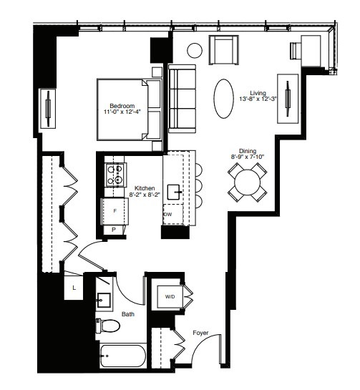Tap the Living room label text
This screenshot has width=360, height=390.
point(258,93)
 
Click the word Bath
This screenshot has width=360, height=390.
point(127,313)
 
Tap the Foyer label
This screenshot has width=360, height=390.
point(201,332)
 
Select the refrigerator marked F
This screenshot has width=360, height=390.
point(115,210)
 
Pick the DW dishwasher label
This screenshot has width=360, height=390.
point(168,214)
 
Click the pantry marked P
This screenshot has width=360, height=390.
point(114,229)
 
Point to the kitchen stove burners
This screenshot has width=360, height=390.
point(115,175)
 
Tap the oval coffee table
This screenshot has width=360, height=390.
point(224,98)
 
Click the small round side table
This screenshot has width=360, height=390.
point(195,51)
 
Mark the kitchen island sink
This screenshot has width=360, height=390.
point(173,192)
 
